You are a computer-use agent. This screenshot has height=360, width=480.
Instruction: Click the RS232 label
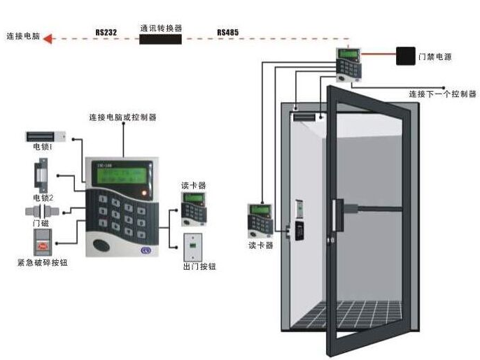point(106,32)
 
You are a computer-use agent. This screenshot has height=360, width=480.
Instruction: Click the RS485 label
point(227,32)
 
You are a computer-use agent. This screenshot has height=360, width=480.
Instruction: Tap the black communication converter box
point(160,39)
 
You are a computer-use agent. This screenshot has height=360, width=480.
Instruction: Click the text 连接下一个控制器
point(442,94)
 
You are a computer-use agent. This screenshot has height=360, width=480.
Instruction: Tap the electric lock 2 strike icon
point(42,173)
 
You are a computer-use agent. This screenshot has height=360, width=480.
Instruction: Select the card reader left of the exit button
point(191,208)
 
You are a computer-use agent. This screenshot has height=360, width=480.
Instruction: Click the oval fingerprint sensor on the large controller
point(103,245)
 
